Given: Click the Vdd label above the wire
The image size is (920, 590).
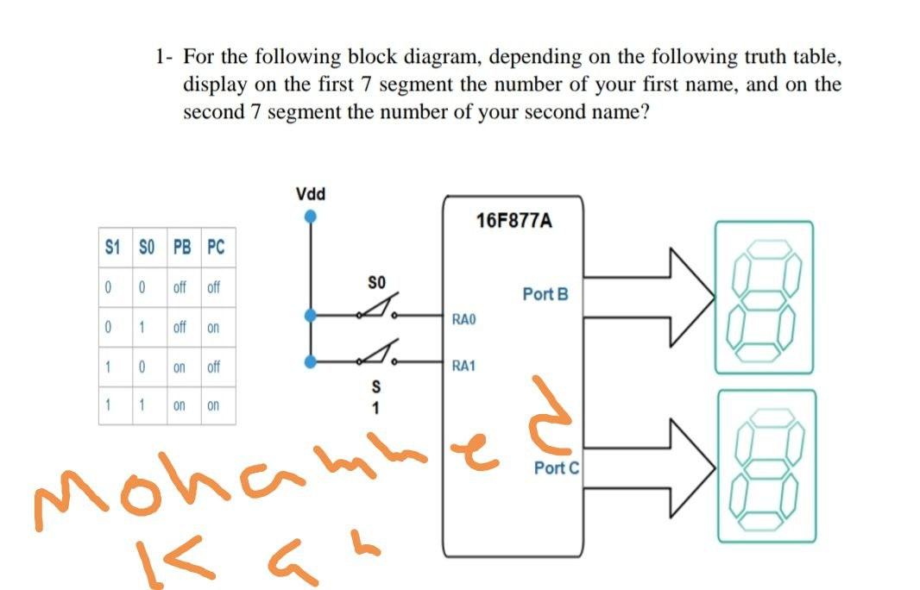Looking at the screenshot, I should click(x=310, y=192).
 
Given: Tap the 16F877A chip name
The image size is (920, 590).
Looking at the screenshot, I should click(x=514, y=222).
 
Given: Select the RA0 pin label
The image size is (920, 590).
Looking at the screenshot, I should click(x=464, y=320).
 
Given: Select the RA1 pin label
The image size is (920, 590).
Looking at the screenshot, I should click(x=464, y=366).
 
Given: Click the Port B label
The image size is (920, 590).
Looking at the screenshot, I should click(x=545, y=294).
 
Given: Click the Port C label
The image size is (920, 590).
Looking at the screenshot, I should click(x=557, y=468).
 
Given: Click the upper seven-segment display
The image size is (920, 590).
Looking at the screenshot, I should click(x=763, y=296).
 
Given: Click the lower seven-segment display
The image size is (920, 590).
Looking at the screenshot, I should click(x=763, y=466).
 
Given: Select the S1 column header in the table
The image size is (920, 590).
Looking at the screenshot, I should click(x=110, y=248).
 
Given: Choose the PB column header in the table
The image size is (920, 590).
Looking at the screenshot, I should click(x=181, y=248).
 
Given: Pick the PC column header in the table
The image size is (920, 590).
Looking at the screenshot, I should click(x=215, y=248).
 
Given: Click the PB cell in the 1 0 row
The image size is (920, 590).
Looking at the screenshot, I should click(x=180, y=367).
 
